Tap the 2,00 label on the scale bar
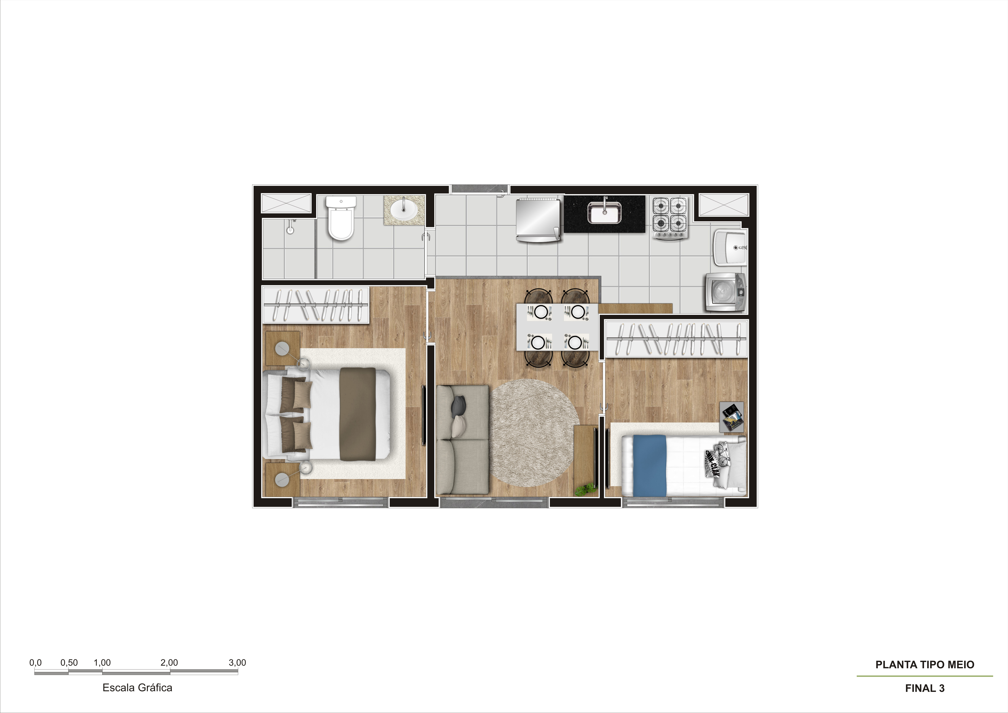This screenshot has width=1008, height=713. pos(169,663)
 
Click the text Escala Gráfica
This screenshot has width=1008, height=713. pos(137,688)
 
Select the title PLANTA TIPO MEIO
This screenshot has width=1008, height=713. pos(924,665)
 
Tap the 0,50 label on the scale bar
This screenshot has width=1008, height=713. pos(69,663)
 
